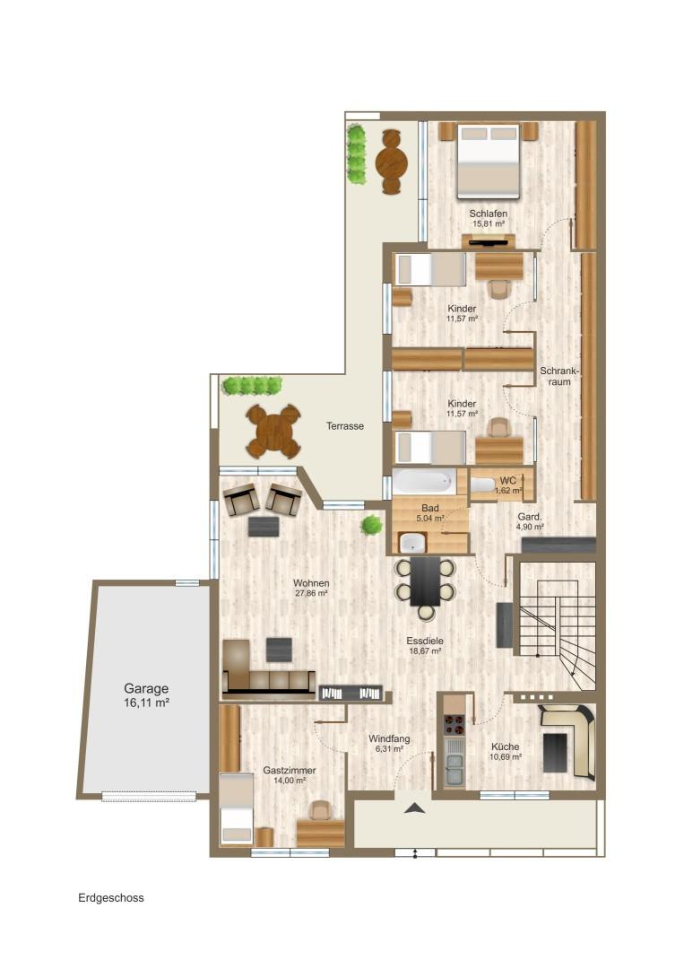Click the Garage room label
[146, 688]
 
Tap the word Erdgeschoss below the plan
[111, 898]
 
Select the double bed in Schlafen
[488, 161]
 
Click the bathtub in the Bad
[424, 482]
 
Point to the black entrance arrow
[415, 807]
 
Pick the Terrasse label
[345, 426]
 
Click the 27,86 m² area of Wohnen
[310, 593]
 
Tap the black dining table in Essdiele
[425, 581]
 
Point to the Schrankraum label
[559, 376]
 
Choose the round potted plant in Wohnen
[371, 525]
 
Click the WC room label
[508, 481]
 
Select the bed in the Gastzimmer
[237, 808]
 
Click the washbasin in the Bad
[410, 543]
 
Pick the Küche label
[505, 746]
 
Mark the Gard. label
[529, 517]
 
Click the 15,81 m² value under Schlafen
[489, 223]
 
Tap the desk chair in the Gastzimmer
[320, 810]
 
